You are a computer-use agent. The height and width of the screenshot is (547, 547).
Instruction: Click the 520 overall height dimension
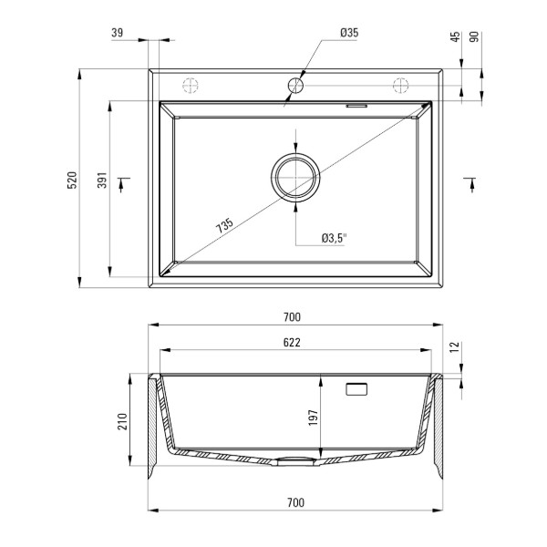coord(72,180)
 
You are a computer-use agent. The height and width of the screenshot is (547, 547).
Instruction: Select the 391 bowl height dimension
coord(102,180)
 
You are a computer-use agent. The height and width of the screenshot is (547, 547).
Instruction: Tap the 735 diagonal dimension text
coord(224,226)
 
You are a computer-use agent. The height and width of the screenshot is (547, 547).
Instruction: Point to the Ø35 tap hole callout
coord(349,33)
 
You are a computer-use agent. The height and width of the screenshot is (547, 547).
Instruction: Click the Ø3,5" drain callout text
coord(335,238)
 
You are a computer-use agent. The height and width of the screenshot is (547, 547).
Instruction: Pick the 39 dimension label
coord(118,33)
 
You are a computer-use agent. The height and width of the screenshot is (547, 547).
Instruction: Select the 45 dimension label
coord(455,36)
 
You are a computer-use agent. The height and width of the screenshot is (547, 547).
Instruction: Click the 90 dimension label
coord(474,36)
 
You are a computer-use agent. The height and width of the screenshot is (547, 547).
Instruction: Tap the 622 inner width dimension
coord(292,343)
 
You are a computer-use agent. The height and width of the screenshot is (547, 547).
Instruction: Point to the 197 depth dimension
coord(314,418)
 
